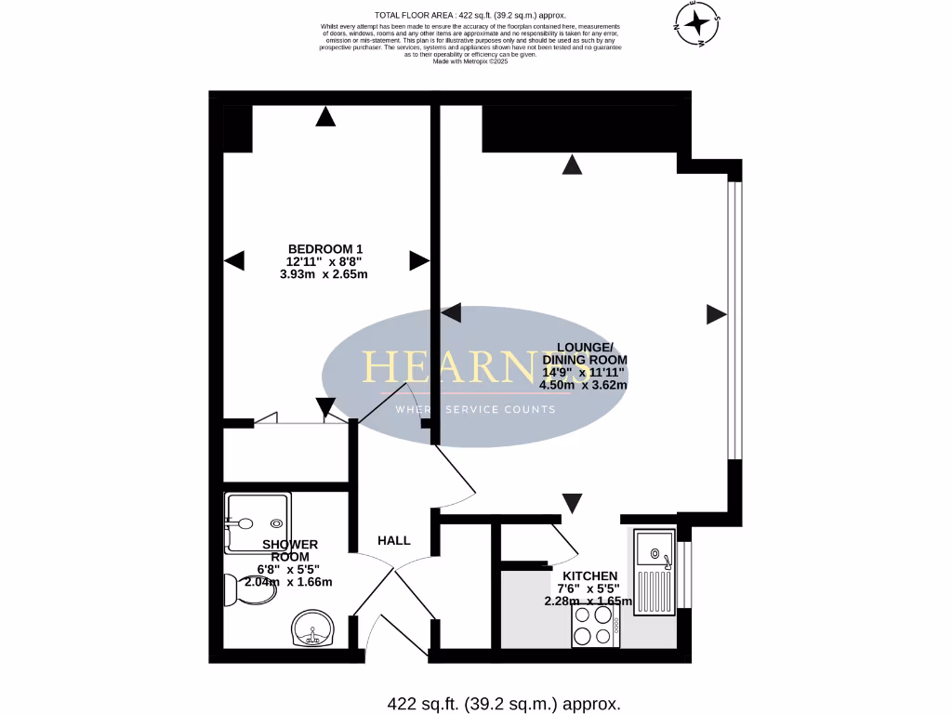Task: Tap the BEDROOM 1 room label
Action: pyautogui.click(x=324, y=248)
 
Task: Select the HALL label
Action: pyautogui.click(x=393, y=540)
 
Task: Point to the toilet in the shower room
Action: pyautogui.click(x=247, y=588)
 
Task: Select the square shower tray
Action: pyautogui.click(x=258, y=522)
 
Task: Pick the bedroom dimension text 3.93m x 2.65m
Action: pyautogui.click(x=324, y=274)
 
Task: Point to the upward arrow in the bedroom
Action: pyautogui.click(x=324, y=116)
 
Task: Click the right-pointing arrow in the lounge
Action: pyautogui.click(x=716, y=314)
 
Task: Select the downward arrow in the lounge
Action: pyautogui.click(x=573, y=503)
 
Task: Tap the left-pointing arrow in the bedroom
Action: pyautogui.click(x=233, y=260)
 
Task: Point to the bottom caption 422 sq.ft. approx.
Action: pyautogui.click(x=503, y=704)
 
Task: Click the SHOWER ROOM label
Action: pyautogui.click(x=290, y=550)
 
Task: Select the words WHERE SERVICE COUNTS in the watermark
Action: pyautogui.click(x=475, y=410)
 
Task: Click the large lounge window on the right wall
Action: pyautogui.click(x=734, y=321)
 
